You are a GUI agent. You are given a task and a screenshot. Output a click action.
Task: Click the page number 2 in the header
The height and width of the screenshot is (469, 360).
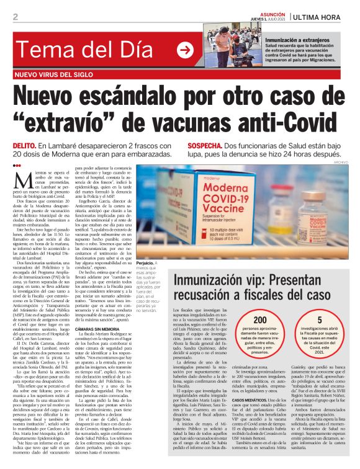click(x=15, y=16)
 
